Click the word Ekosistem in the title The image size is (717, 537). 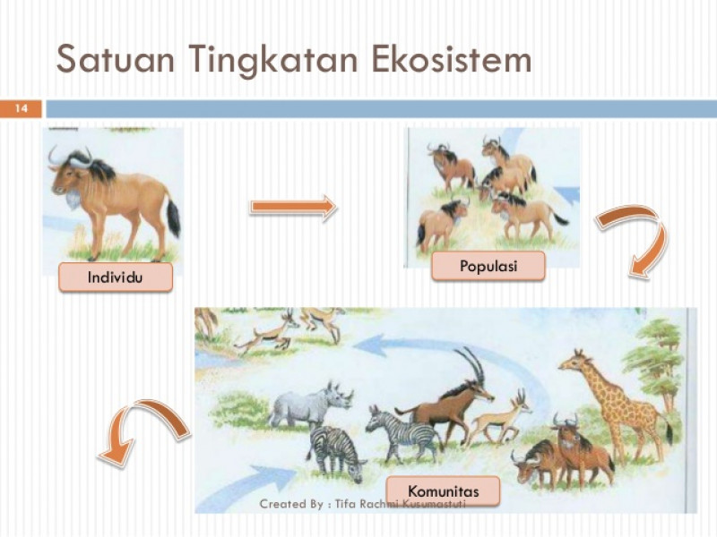pyautogui.click(x=452, y=59)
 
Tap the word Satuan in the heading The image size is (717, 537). pyautogui.click(x=116, y=59)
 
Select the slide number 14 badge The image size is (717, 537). pyautogui.click(x=21, y=108)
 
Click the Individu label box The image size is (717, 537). pyautogui.click(x=116, y=277)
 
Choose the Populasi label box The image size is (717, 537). pyautogui.click(x=488, y=266)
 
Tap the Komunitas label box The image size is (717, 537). pyautogui.click(x=443, y=490)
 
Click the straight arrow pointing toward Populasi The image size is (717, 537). pyautogui.click(x=294, y=208)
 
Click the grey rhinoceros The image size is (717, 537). pyautogui.click(x=311, y=405)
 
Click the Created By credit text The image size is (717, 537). pyautogui.click(x=362, y=504)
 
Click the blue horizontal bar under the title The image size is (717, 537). pyautogui.click(x=382, y=108)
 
